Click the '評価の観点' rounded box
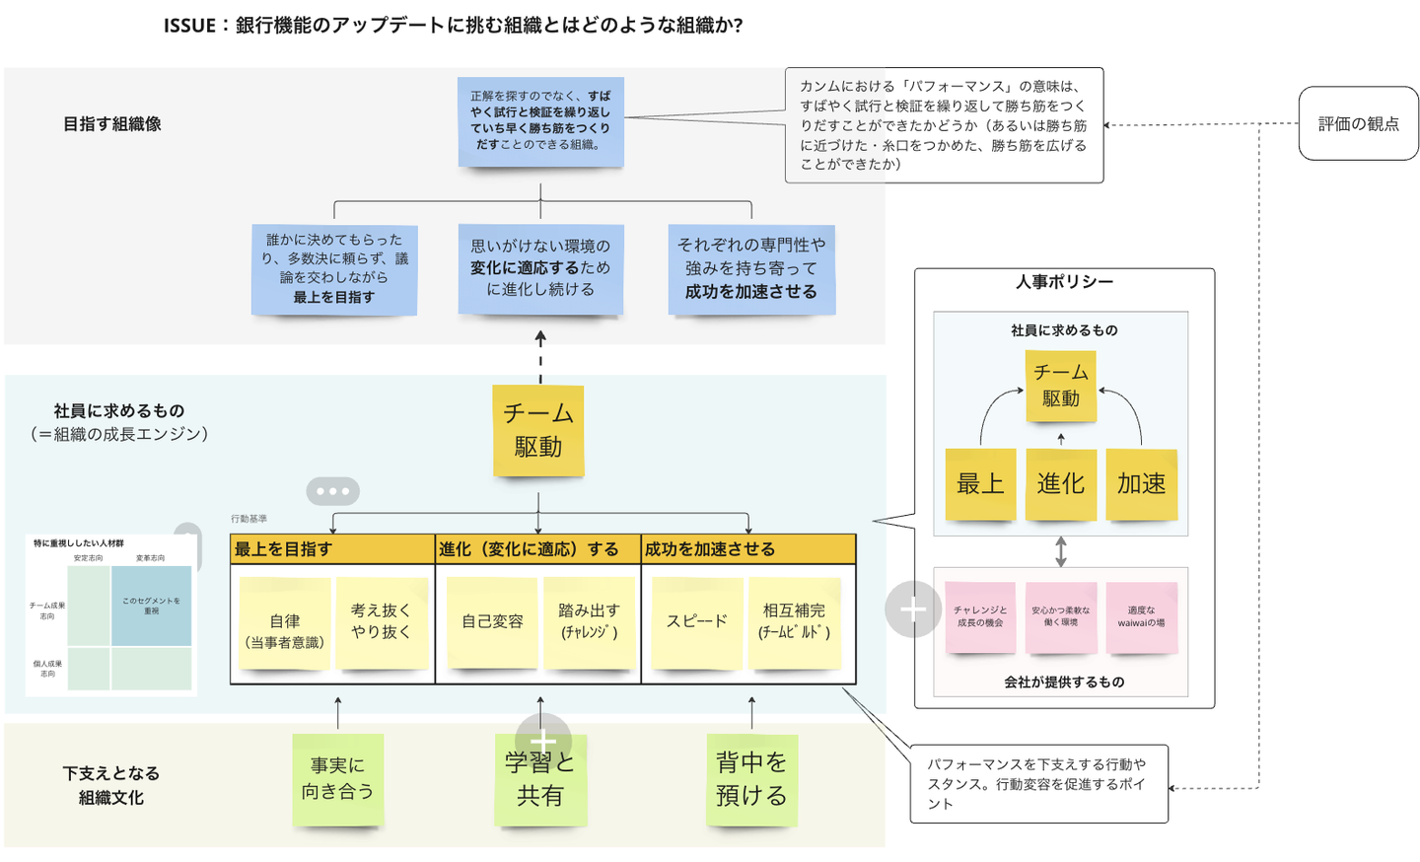pos(1358,123)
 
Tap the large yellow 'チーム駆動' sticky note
pos(538,430)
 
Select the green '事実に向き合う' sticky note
pos(337,779)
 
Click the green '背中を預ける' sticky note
pos(751,779)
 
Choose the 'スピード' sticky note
pos(696,621)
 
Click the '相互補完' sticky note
pos(794,621)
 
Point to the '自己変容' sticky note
pos(492,621)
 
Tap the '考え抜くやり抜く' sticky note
pos(381,621)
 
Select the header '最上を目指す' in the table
pos(284,549)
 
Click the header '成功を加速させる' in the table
pos(710,549)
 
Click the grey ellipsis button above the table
pos(333,490)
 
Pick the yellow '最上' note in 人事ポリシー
pos(980,483)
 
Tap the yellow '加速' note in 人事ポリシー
pos(1141,483)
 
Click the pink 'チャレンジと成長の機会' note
pos(980,616)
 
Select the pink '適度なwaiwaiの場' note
pos(1141,616)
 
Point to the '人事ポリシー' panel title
pos(1064,282)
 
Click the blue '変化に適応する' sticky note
pos(540,268)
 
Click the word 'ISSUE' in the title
pos(189,26)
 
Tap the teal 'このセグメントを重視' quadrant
pos(151,606)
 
